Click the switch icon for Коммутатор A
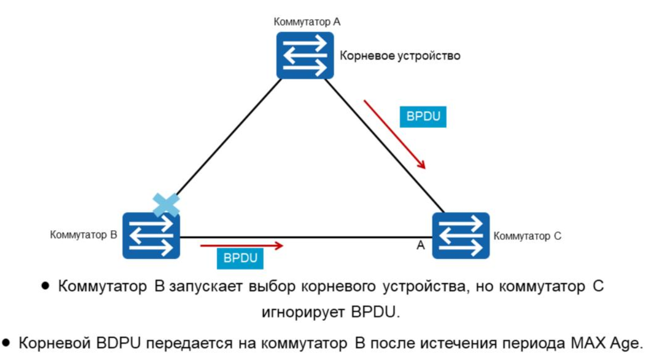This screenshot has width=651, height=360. [x=305, y=55]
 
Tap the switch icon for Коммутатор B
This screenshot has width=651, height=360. [x=151, y=236]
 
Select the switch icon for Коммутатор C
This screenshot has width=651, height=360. [x=461, y=236]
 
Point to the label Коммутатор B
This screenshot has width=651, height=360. [x=83, y=235]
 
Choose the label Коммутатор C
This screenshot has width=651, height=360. [x=527, y=236]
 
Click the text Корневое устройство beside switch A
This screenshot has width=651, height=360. [x=400, y=56]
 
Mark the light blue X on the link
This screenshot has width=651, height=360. [x=167, y=205]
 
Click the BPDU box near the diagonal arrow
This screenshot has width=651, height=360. [x=423, y=117]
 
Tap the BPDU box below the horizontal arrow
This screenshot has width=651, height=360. [x=240, y=259]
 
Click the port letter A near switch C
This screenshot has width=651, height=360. [x=420, y=245]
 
